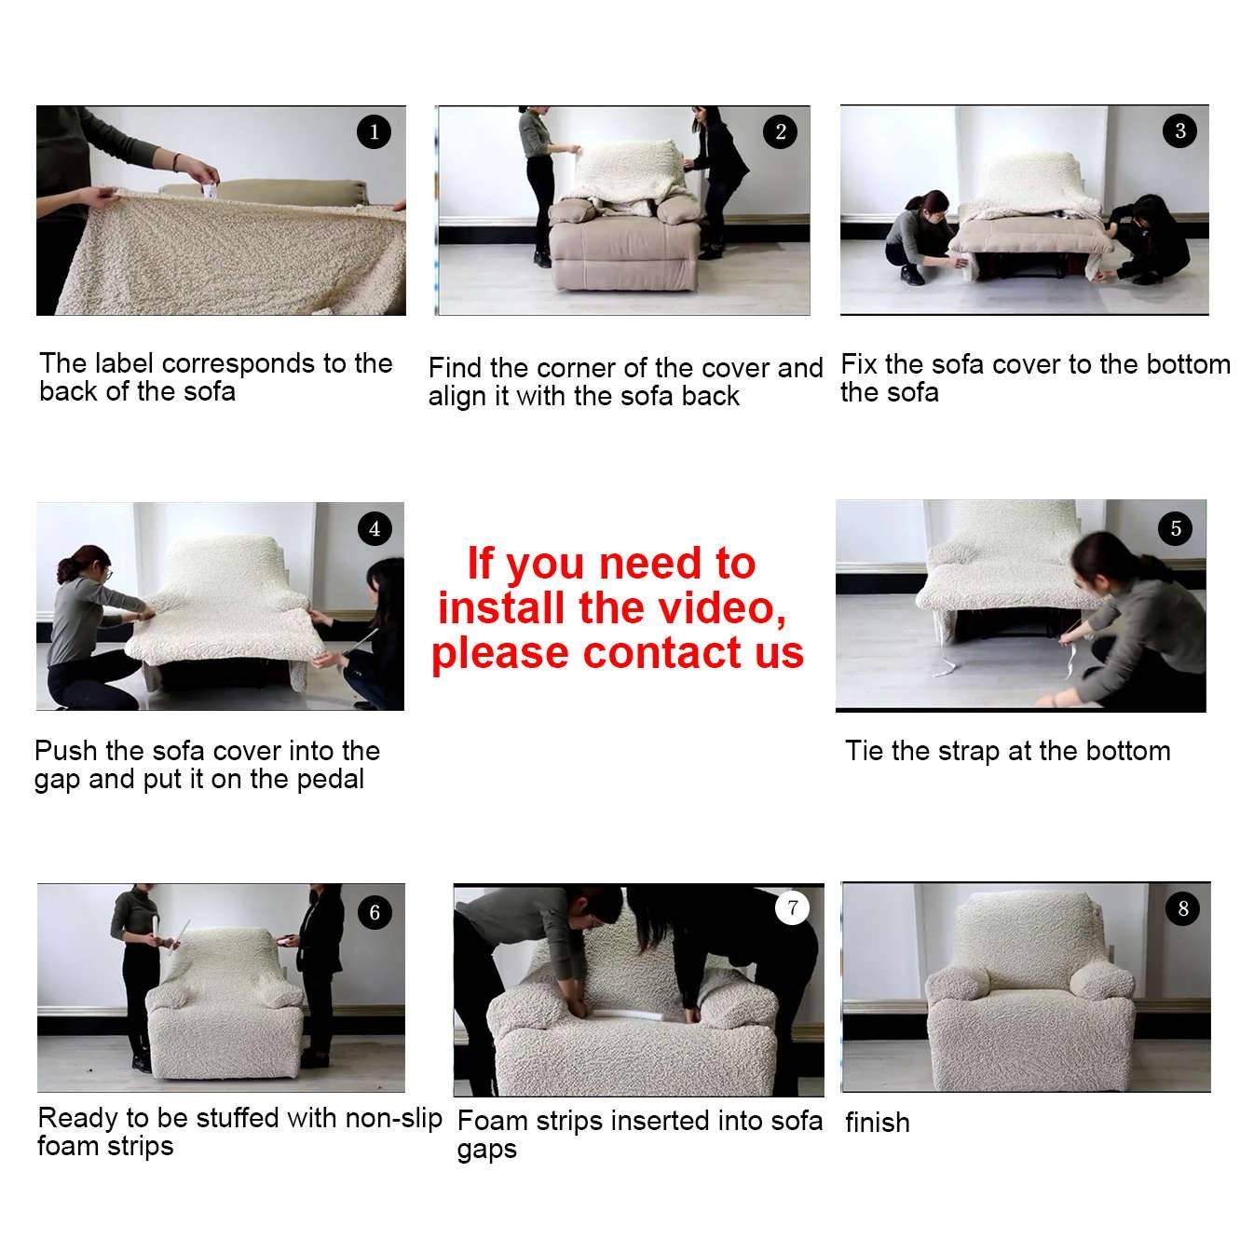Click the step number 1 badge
point(374,132)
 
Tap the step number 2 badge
point(781,132)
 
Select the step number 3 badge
point(1180,130)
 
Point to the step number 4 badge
point(375,529)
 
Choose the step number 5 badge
point(1176,529)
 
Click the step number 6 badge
point(375,912)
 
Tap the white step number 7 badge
point(792,908)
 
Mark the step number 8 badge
point(1183,908)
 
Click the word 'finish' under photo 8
point(877,1123)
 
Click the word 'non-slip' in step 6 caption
point(393,1117)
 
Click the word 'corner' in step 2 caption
point(579,368)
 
